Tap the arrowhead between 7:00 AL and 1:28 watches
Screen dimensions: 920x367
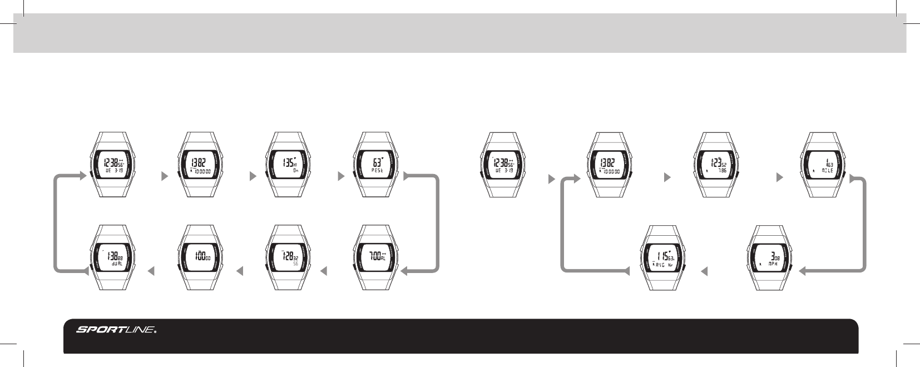(324, 271)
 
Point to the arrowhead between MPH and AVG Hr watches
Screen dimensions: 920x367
(704, 271)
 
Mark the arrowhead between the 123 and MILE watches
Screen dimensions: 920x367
(779, 178)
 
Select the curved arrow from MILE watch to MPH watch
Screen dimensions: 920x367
(865, 222)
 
